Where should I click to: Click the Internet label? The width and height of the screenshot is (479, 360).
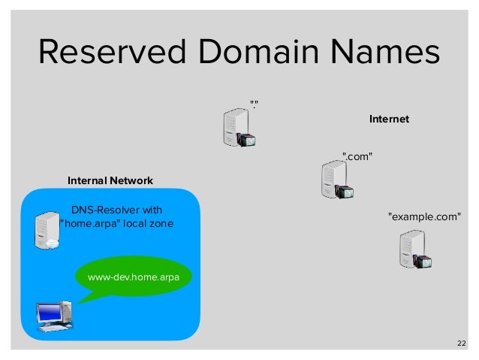point(389,119)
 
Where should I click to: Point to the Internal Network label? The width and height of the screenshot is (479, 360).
point(110,181)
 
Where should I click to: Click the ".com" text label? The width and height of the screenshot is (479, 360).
point(357,156)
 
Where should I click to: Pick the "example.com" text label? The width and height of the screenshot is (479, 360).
point(423,217)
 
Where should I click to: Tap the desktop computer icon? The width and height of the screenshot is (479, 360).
point(55,316)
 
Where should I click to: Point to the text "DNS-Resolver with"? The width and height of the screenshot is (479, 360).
point(116,209)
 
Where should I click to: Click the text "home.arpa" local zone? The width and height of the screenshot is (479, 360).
point(116,224)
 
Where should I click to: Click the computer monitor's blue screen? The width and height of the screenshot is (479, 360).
point(50,310)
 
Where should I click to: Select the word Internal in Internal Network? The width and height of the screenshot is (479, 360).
point(86,181)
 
